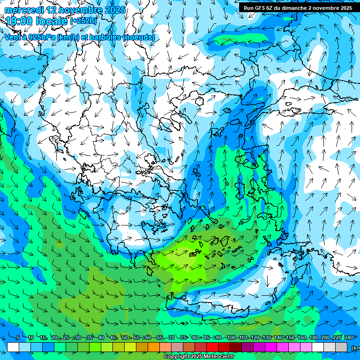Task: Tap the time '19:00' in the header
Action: pyautogui.click(x=18, y=21)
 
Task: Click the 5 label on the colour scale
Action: pyautogui.click(x=18, y=337)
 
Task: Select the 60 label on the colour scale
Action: pyautogui.click(x=148, y=337)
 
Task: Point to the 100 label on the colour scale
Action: pyautogui.click(x=231, y=337)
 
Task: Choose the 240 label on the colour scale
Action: pyautogui.click(x=349, y=337)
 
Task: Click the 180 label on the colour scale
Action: pyautogui.click(x=314, y=337)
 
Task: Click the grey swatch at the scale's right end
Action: pyautogui.click(x=341, y=347)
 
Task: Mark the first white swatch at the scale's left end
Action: pyautogui.click(x=13, y=347)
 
